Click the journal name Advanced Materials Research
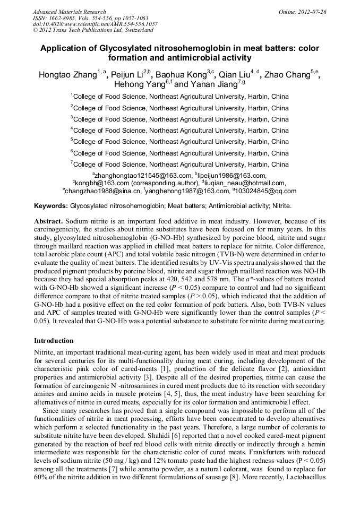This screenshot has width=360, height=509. coord(69,12)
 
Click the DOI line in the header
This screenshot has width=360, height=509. coord(95,24)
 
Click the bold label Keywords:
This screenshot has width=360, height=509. coord(51,205)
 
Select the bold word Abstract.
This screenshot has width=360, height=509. coord(48,220)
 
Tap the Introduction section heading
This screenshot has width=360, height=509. coord(54,340)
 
